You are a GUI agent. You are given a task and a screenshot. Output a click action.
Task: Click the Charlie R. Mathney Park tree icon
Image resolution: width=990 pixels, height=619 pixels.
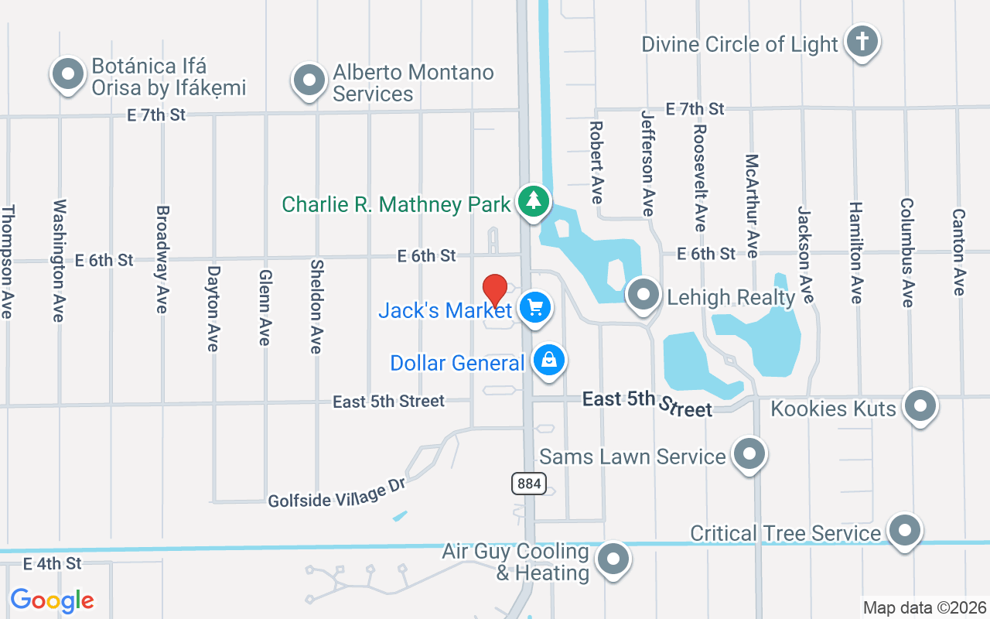533,201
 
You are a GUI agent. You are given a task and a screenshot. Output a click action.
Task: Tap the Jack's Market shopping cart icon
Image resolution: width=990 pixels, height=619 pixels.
534,308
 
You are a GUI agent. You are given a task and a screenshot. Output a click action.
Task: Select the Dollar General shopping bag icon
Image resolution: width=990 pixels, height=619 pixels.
549,360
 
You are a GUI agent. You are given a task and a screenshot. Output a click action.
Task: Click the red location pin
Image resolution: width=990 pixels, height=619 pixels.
495,290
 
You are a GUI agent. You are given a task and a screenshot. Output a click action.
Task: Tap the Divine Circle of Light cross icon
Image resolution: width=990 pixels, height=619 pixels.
862,40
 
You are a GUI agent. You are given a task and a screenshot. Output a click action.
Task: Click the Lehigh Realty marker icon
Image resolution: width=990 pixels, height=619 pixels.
643,294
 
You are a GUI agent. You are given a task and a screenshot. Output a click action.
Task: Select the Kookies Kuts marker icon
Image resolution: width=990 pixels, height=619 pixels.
920,405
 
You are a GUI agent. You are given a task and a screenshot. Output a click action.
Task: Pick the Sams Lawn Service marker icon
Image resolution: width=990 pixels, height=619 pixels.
748,453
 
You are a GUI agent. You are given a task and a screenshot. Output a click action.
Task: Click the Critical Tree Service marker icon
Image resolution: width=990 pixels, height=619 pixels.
903,530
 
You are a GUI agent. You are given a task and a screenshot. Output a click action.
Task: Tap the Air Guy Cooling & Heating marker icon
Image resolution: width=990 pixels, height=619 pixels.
613,558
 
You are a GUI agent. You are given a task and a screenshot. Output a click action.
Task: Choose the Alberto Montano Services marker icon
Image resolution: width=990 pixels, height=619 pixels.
309,80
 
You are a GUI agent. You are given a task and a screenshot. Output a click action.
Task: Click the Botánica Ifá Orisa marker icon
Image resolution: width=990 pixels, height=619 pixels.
68,74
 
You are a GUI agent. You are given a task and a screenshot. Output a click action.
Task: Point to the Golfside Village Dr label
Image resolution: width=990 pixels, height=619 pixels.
337,492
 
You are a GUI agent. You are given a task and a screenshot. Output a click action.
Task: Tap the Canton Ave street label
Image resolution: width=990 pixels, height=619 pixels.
959,252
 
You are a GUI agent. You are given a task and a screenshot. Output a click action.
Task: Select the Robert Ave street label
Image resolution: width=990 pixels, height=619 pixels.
596,162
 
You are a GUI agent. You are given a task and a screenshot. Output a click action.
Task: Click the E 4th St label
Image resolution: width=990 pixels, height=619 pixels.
53,563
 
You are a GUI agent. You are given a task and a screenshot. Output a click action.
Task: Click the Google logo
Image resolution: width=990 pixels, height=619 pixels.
52,600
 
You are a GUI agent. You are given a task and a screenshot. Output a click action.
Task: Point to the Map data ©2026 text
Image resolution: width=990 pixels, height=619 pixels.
925,607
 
